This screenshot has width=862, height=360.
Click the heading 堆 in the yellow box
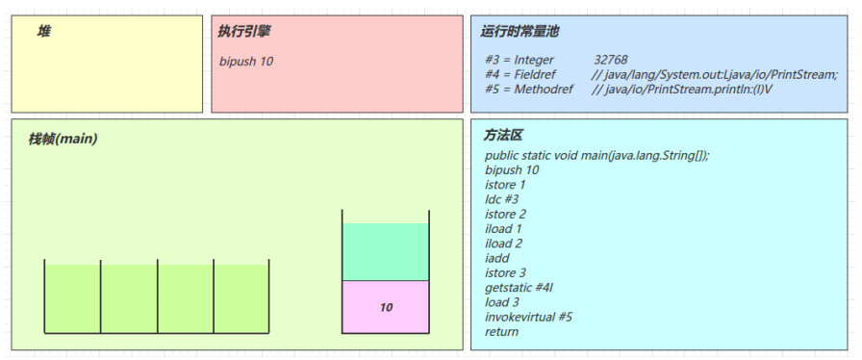coord(44,32)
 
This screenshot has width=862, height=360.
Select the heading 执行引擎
coord(244,32)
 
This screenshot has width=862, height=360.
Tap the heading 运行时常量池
coord(520,32)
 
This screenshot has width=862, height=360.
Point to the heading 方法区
coord(502,136)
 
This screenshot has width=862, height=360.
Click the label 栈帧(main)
coord(63,139)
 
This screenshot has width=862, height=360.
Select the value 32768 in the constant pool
coord(611,60)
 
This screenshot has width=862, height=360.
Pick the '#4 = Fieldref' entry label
coord(520,74)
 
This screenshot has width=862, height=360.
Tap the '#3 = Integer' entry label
coord(520,60)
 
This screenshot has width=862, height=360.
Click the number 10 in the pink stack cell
coord(386,308)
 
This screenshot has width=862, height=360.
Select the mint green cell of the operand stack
coord(385,252)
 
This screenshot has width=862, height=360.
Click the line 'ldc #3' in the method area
coord(502,198)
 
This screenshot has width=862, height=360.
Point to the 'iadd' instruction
coord(496,258)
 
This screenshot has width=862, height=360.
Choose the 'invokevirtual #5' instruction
coord(529,317)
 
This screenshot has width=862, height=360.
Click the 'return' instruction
coord(502,331)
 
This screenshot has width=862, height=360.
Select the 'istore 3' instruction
coord(506,272)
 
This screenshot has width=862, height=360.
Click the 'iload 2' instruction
coord(504,244)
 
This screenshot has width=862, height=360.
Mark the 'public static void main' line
coord(596,155)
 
